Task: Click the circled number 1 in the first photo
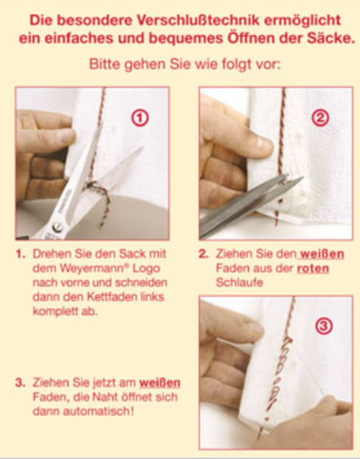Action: point(139,118)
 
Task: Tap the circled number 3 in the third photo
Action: point(324,326)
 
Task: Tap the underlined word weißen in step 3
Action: point(160,382)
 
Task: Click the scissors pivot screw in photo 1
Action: point(57,227)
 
